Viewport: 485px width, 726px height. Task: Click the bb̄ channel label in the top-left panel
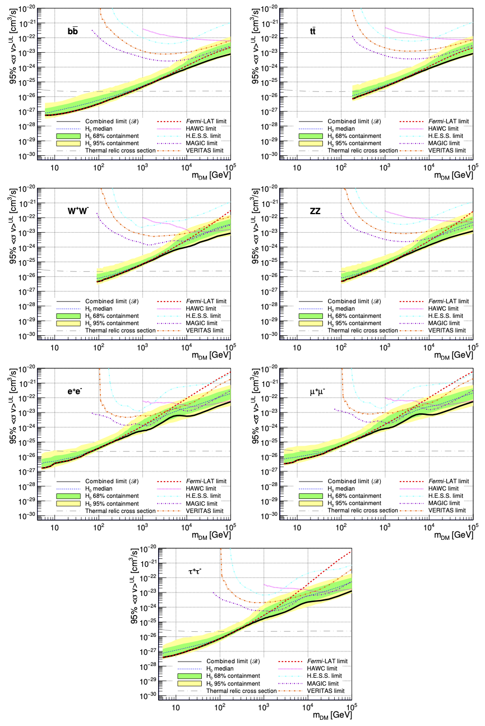click(x=73, y=31)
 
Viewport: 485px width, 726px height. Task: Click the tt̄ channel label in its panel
click(x=316, y=31)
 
